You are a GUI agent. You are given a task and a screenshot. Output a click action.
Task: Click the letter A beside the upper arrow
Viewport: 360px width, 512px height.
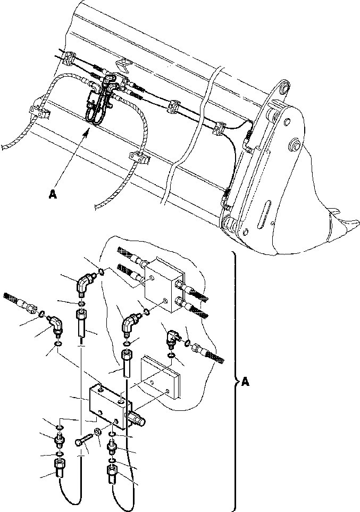[52, 195]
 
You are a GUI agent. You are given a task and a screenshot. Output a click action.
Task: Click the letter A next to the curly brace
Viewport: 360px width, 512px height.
[245, 381]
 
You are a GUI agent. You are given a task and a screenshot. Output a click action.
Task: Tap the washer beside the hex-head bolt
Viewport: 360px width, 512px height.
[98, 431]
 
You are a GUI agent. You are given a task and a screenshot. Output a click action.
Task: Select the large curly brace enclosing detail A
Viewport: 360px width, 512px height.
[234, 381]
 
